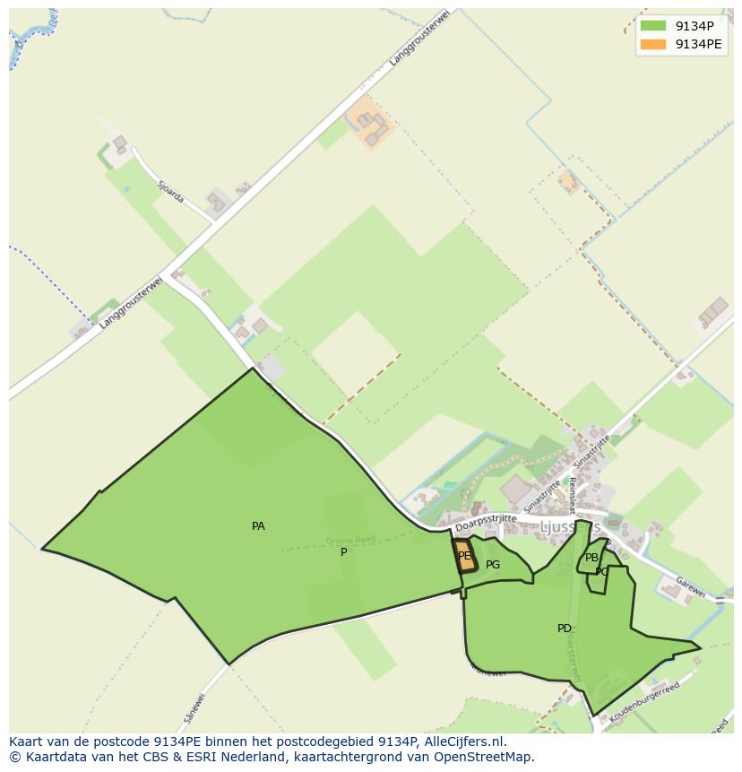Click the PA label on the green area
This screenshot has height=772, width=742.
(x=258, y=526)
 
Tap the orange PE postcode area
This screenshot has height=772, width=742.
(x=464, y=556)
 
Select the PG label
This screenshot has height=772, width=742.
(x=493, y=565)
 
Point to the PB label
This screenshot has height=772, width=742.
(x=591, y=558)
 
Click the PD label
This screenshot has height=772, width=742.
(x=565, y=629)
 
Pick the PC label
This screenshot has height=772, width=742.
(x=601, y=572)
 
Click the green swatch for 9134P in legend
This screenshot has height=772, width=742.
(x=653, y=26)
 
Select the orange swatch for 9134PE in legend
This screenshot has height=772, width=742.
(x=653, y=44)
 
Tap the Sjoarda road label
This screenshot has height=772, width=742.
(x=170, y=191)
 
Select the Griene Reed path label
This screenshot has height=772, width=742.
(x=349, y=540)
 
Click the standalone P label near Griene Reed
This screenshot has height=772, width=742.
(x=343, y=552)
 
